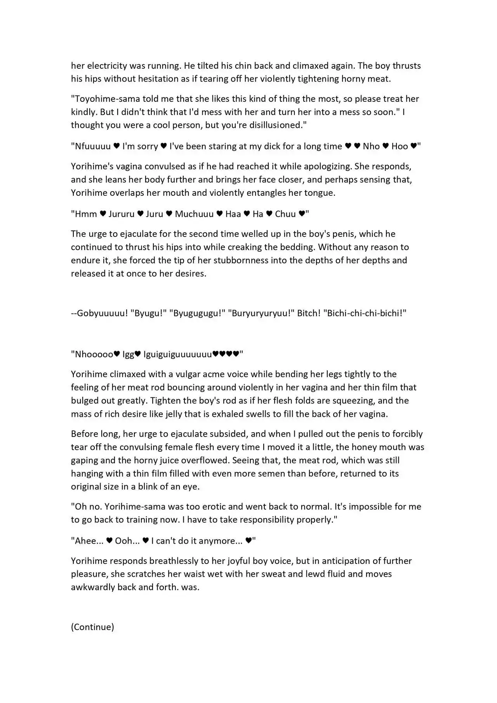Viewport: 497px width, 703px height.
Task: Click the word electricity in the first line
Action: point(107,66)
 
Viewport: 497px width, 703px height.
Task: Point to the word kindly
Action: point(83,112)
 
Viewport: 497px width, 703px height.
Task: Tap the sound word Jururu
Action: point(121,214)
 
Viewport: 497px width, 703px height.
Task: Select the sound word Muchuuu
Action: point(194,214)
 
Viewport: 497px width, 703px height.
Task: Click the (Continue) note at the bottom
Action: point(92,627)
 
